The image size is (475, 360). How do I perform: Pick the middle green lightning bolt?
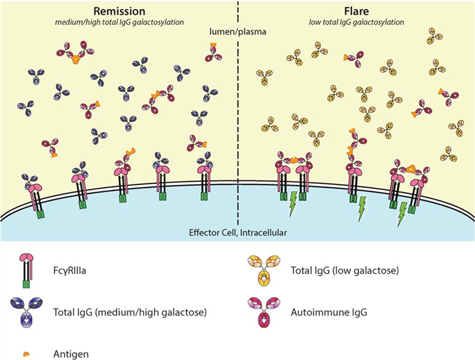(x=361, y=207)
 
